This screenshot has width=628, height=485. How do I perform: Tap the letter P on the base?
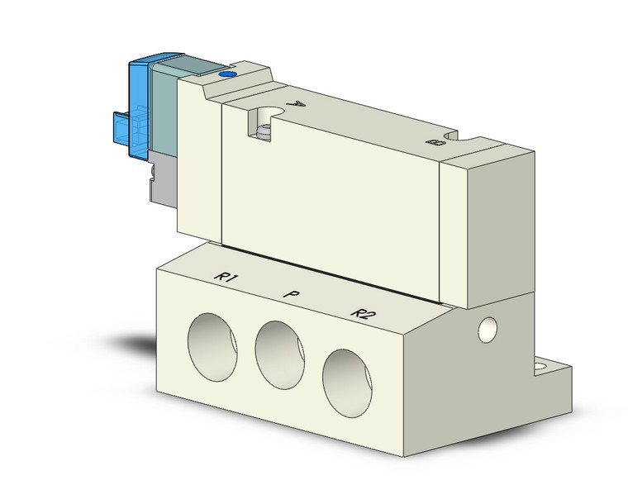(291, 293)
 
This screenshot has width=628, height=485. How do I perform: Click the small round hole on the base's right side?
(488, 329)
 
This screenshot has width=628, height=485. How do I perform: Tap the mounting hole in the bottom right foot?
(546, 365)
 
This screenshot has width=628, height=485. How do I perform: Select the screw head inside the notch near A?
(264, 131)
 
